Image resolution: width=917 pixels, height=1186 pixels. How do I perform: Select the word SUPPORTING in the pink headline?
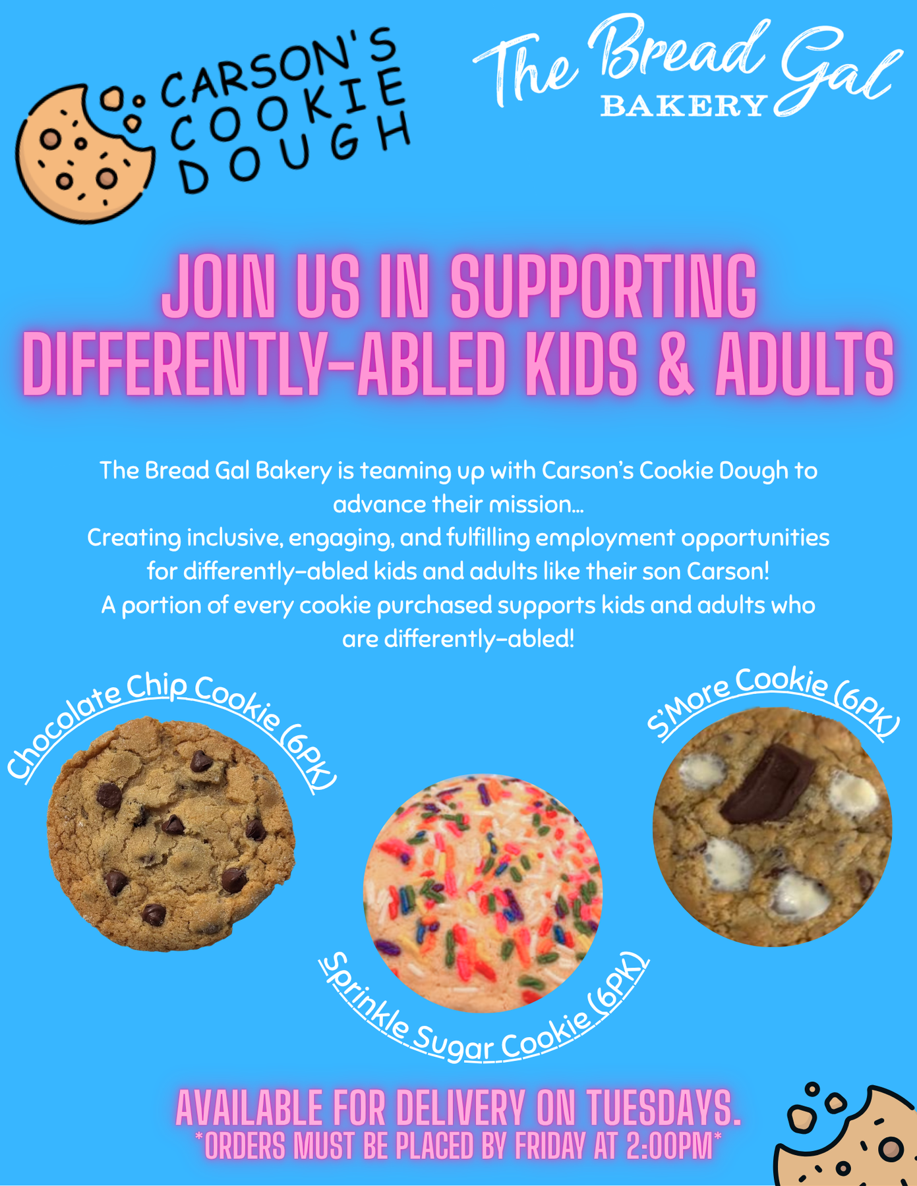pos(604,287)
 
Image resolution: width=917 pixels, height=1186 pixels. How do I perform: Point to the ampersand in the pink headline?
pos(676,364)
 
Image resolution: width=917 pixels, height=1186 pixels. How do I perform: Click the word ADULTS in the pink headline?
pos(805,364)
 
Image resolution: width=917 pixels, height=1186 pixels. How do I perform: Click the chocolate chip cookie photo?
pos(171,834)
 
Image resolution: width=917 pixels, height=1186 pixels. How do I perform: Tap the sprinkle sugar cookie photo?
pos(483,893)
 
